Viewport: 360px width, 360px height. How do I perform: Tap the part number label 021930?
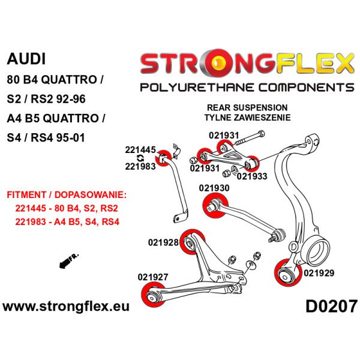click(214, 188)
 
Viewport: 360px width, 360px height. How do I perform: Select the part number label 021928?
click(163, 242)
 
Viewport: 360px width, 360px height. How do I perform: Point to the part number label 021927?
click(153, 277)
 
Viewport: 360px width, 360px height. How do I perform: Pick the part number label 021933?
click(253, 176)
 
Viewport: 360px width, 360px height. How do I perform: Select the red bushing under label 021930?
click(213, 204)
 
